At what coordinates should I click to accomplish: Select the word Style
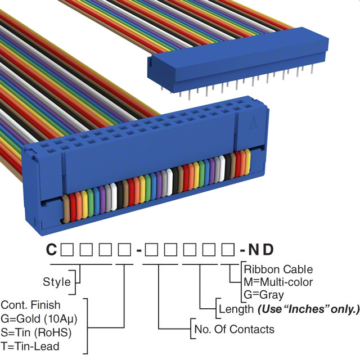point(57,281)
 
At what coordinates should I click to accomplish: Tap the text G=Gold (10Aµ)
point(39,318)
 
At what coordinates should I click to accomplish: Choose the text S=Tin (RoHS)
point(36,332)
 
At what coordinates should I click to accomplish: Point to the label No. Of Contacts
point(234,329)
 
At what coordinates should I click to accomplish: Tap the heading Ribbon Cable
point(278,269)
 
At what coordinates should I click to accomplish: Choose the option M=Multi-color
point(278,282)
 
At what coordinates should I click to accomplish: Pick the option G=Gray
point(264,294)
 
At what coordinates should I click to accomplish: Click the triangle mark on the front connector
point(254,120)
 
